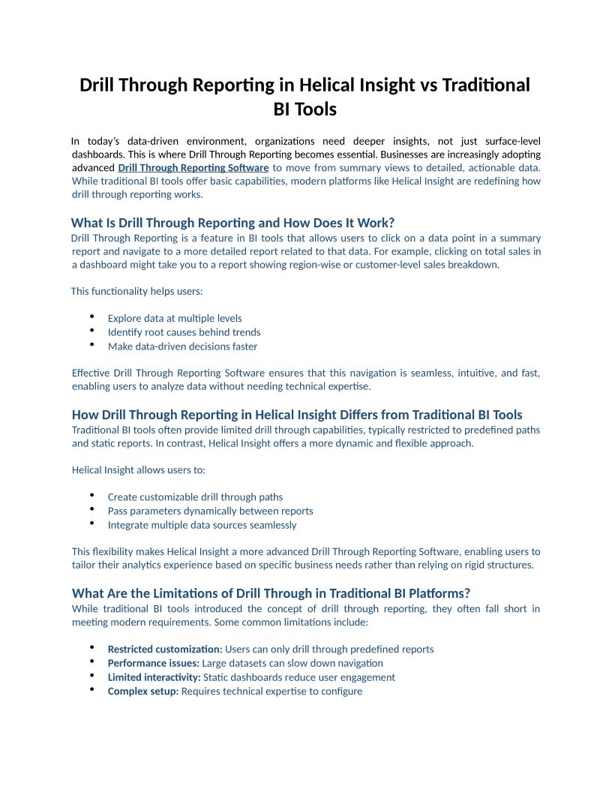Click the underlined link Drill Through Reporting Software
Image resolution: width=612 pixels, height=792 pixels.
[193, 167]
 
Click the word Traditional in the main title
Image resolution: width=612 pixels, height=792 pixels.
[485, 85]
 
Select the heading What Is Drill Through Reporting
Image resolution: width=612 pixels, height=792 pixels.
[232, 223]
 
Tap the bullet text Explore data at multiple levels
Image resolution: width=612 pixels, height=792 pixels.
[175, 318]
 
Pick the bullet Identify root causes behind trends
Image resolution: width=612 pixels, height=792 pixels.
[184, 332]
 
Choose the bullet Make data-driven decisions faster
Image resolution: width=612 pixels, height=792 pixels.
[182, 346]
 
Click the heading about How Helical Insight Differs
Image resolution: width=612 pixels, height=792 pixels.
[297, 415]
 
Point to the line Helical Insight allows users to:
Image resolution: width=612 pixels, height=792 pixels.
[139, 469]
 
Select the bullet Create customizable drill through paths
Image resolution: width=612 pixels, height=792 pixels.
[195, 496]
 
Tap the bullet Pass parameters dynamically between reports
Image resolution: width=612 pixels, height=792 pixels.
[211, 511]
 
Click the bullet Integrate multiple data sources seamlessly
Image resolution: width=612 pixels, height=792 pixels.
[202, 525]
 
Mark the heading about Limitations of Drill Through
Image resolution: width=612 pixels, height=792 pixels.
[271, 593]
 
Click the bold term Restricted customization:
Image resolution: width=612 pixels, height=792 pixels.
[165, 649]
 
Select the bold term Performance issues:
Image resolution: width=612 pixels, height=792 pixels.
[153, 663]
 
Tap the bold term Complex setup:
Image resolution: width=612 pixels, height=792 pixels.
[143, 691]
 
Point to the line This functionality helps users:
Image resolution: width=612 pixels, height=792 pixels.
[136, 291]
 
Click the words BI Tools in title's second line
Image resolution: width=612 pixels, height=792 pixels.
[305, 109]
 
